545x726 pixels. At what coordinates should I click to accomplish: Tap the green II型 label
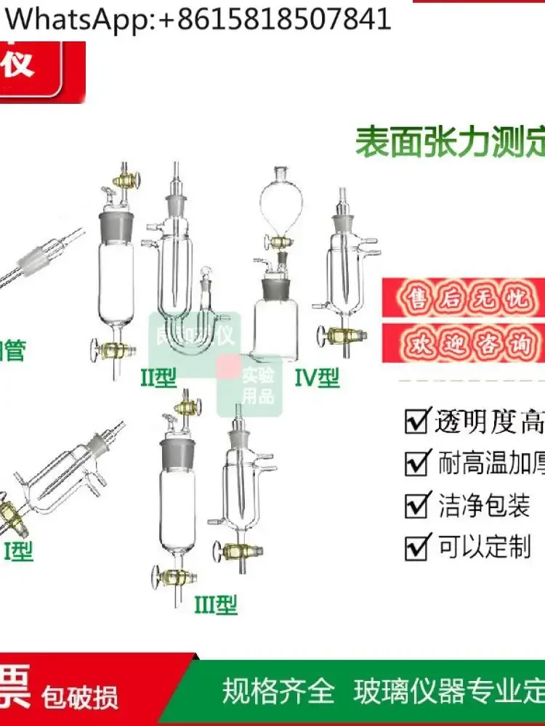(158, 378)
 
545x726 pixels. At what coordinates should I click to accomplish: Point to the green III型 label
(215, 604)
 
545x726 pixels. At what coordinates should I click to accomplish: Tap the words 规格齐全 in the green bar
(278, 691)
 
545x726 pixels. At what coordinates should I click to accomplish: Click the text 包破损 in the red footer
(80, 698)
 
